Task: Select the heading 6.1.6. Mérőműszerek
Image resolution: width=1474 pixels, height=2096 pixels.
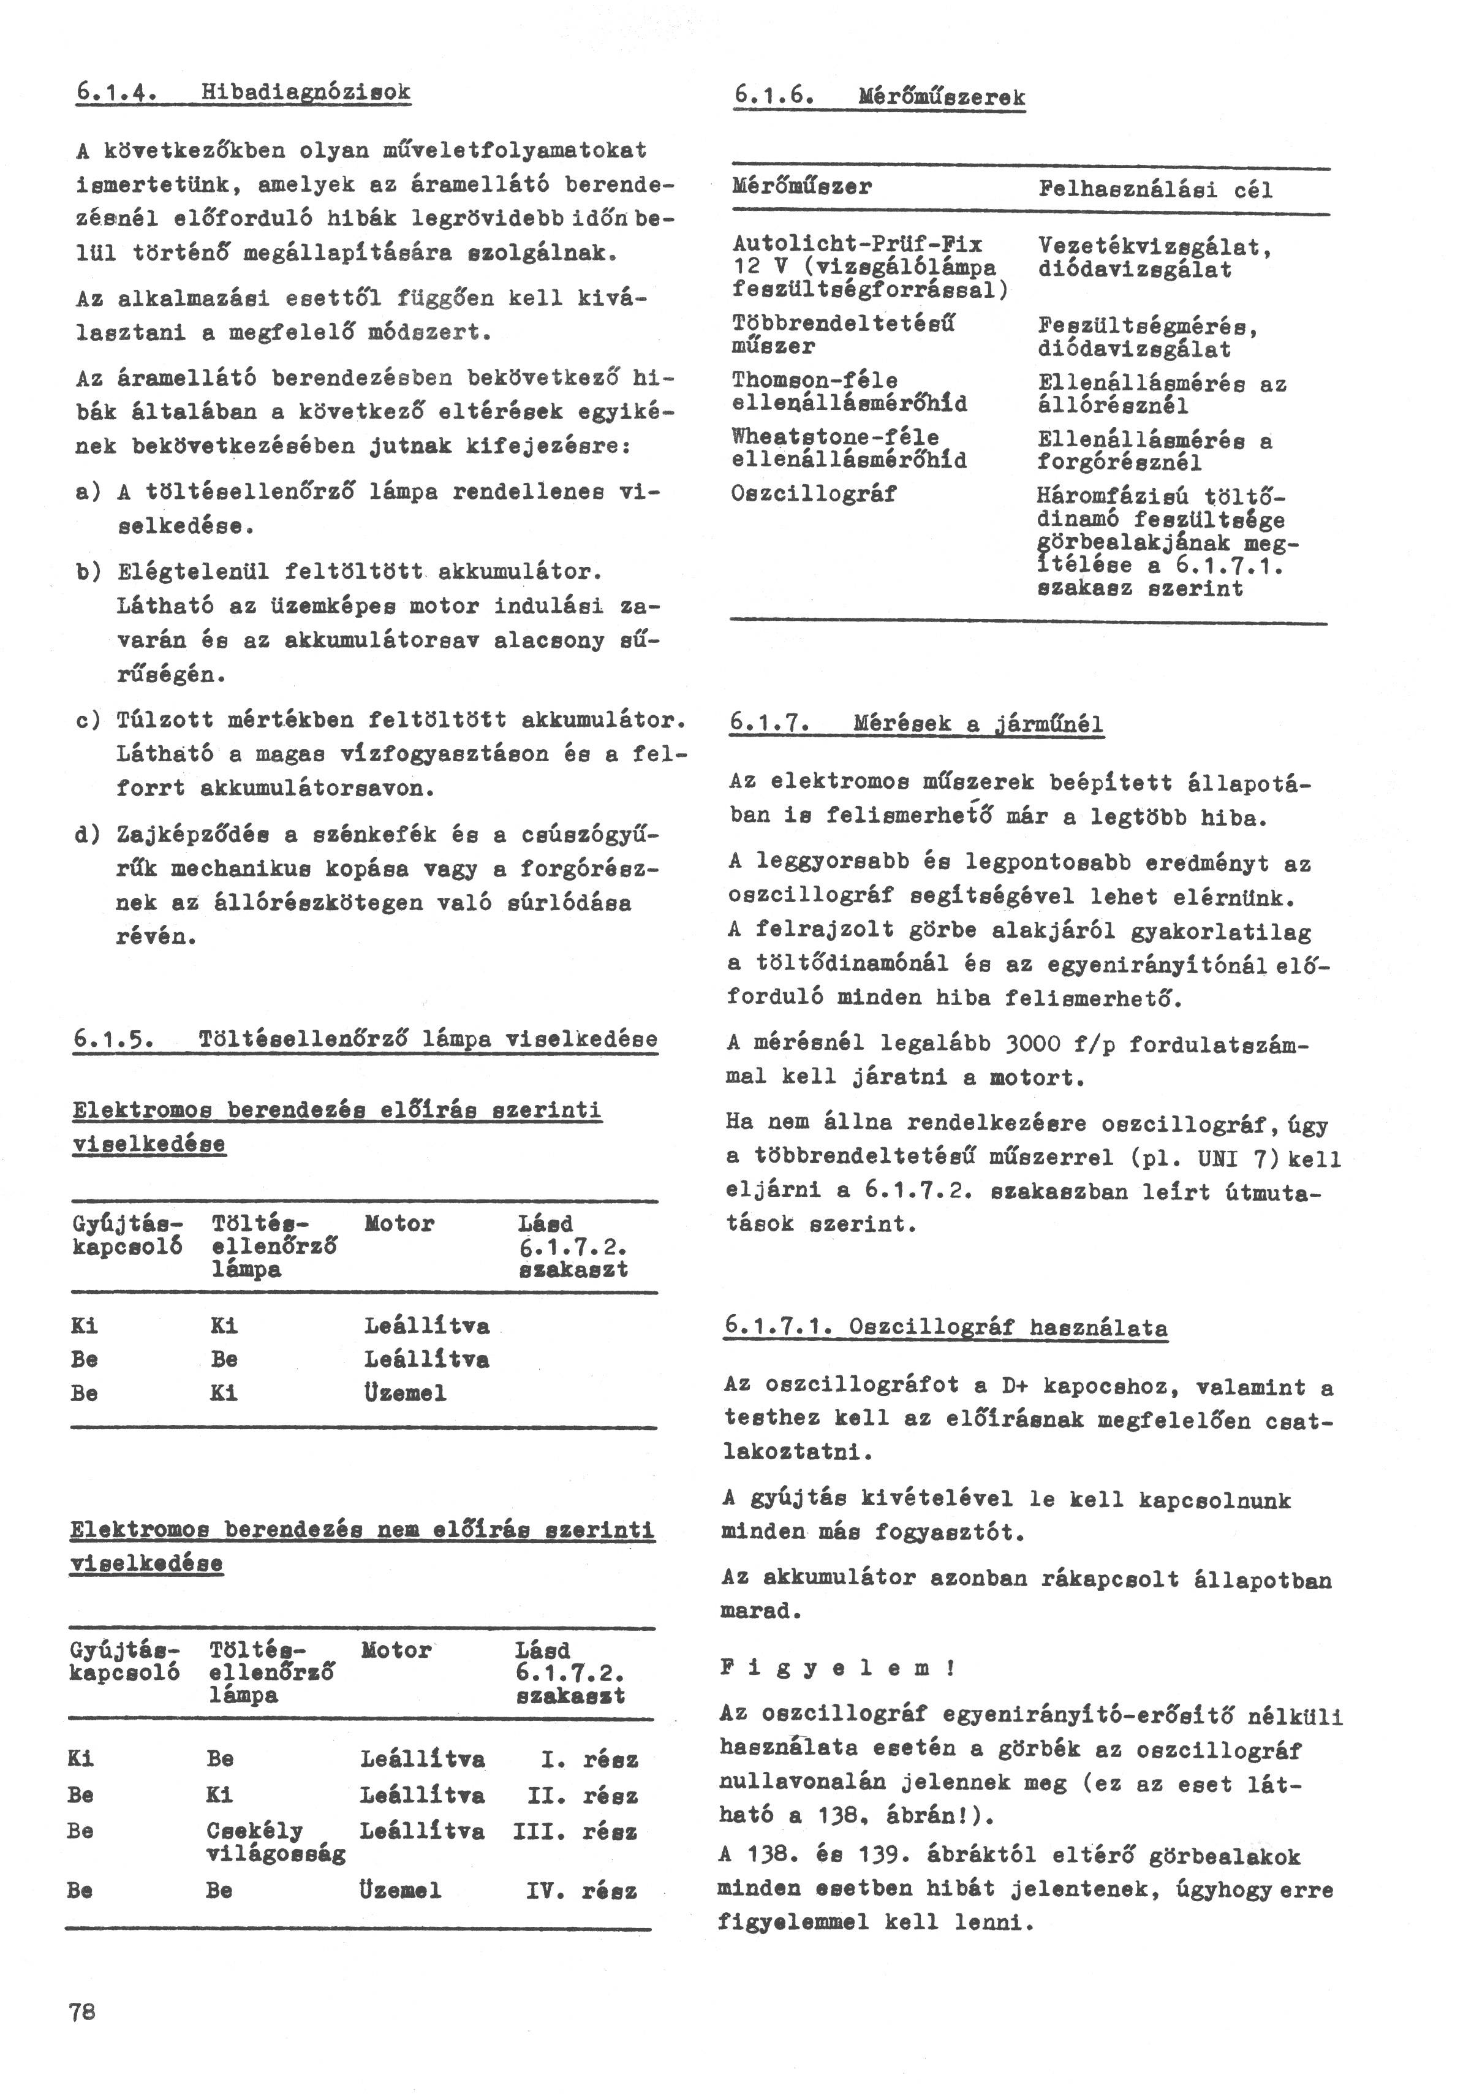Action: (879, 97)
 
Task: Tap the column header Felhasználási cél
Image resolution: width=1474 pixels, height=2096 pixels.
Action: (1155, 190)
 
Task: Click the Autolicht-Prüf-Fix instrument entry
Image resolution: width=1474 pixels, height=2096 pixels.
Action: (857, 244)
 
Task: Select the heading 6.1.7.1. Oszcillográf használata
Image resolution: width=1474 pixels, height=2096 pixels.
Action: (945, 1326)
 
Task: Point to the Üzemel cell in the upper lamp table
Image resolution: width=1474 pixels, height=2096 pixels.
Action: (405, 1393)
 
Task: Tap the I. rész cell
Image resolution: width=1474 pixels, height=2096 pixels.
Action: (589, 1759)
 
